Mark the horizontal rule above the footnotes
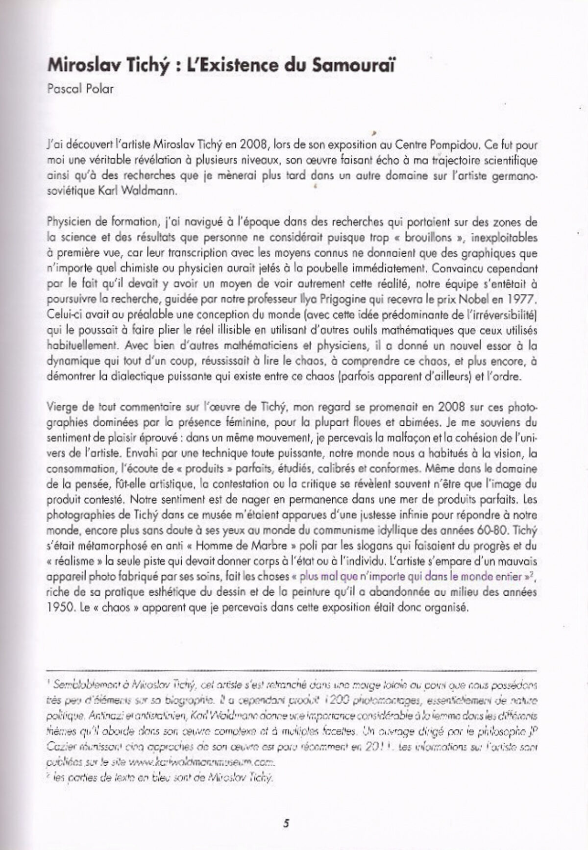(292, 669)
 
